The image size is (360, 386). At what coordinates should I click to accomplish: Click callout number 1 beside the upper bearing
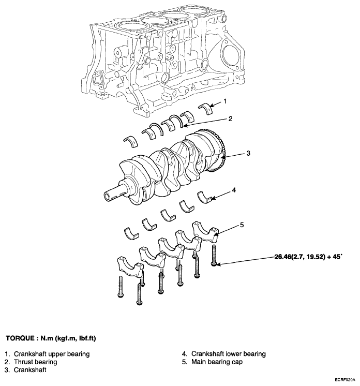click(x=224, y=101)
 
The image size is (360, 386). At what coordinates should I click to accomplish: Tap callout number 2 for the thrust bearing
click(x=230, y=119)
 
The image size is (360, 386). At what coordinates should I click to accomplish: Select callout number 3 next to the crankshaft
click(x=248, y=153)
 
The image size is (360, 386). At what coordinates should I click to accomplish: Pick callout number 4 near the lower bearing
click(x=234, y=190)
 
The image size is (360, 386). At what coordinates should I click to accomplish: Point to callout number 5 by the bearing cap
click(x=242, y=225)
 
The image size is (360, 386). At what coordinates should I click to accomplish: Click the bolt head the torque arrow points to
click(x=214, y=264)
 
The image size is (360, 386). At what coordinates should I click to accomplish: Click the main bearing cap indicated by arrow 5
click(x=206, y=231)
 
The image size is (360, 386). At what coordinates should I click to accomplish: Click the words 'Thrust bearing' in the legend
click(x=36, y=362)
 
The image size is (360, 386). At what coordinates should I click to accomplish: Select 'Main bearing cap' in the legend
click(x=217, y=362)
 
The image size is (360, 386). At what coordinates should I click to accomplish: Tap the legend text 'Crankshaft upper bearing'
click(x=52, y=354)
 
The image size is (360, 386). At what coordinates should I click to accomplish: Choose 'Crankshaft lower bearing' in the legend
click(x=229, y=354)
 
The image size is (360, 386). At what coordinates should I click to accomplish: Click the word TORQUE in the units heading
click(x=20, y=338)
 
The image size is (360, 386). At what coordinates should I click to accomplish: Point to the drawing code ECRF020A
click(x=344, y=380)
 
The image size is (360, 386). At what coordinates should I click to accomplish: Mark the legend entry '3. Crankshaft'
click(x=25, y=370)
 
